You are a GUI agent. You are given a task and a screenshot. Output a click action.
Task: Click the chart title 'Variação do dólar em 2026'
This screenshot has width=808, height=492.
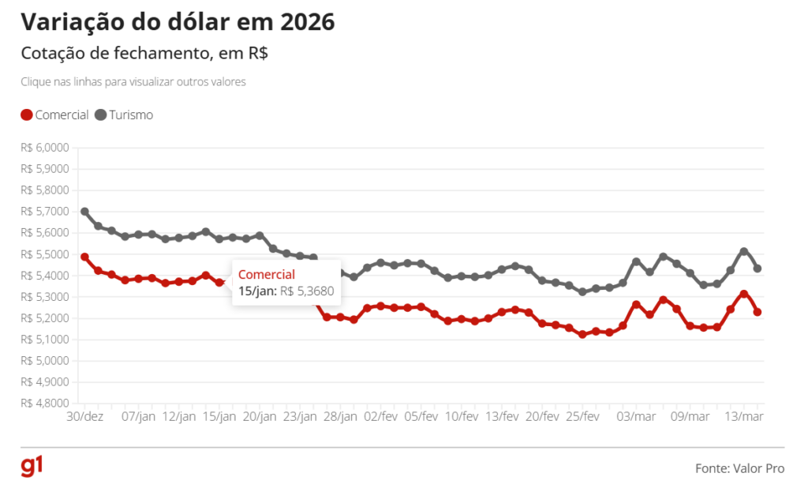point(178,22)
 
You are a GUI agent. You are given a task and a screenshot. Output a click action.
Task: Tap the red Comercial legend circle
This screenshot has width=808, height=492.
point(26,115)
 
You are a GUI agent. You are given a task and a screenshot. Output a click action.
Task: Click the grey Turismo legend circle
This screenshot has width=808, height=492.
point(101,115)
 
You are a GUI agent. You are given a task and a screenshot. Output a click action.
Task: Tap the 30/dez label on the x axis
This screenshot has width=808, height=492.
point(84,416)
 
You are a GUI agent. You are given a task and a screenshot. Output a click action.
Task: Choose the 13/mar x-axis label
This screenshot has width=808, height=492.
point(743,416)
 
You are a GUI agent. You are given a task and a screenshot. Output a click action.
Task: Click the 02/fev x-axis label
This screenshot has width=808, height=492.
point(380,416)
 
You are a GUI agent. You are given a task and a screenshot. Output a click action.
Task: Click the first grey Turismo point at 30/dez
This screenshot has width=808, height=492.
point(84,212)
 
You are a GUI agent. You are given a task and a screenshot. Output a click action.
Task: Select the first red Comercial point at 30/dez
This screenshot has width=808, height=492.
point(84,257)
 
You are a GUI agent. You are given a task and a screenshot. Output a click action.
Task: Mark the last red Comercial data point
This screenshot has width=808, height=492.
point(757,312)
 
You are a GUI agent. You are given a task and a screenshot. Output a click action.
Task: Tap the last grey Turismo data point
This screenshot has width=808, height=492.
point(757,269)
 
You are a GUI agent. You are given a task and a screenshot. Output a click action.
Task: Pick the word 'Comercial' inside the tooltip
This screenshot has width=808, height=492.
point(267,275)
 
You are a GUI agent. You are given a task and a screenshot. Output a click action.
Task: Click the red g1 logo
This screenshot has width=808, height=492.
point(32,467)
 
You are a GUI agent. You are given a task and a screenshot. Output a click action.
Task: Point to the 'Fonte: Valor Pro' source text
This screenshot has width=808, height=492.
point(739,468)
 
